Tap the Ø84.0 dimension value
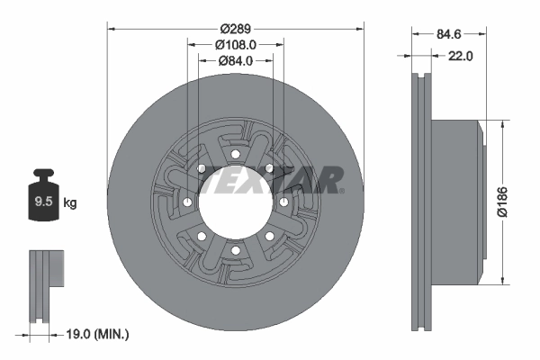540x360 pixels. pos(235,60)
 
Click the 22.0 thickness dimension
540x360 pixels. pos(460,56)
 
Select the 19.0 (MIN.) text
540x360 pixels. pos(99,334)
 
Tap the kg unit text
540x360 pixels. pos(70,203)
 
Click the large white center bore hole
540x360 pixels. pos(234,202)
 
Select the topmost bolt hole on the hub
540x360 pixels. pos(234,153)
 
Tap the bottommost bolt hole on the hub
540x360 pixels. pos(234,250)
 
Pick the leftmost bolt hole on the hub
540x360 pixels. pos(185,202)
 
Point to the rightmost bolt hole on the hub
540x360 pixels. pos(283,202)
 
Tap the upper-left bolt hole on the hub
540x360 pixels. pos(200,168)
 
